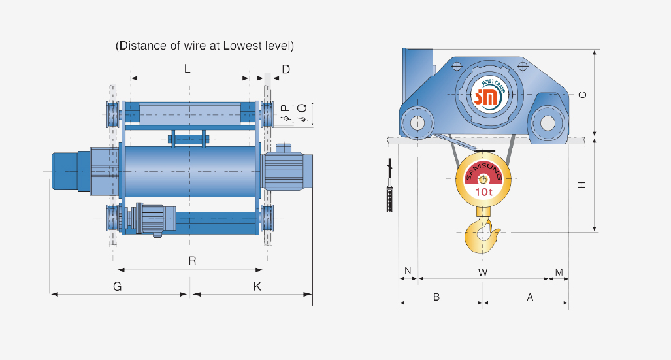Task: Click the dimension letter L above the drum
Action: point(188,69)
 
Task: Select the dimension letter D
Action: point(286,69)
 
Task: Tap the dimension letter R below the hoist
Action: point(192,261)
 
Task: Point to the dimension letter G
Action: point(118,286)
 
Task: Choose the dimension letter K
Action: point(257,286)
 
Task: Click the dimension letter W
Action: point(482,271)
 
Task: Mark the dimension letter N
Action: point(408,270)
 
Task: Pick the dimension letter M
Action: point(559,271)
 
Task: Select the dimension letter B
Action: point(436,297)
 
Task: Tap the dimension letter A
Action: point(530,297)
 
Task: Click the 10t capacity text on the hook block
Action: point(483,192)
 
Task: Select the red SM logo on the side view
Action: point(486,97)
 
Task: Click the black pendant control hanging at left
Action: point(391,196)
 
